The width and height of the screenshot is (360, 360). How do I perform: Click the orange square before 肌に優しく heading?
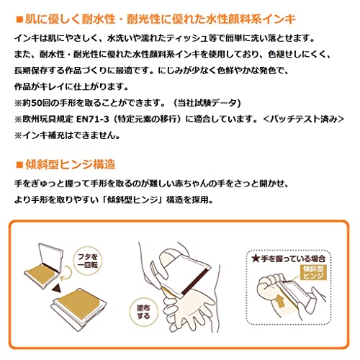click(19, 19)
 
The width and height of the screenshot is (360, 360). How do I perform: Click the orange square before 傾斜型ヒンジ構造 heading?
click(19, 165)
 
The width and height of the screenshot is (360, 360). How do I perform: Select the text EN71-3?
click(93, 120)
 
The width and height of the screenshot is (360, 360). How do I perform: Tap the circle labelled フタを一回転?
click(87, 261)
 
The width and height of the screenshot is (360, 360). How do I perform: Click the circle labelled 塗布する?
click(143, 312)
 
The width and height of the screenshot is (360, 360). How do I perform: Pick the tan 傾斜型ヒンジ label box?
click(313, 272)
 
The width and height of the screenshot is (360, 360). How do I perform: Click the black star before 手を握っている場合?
click(256, 258)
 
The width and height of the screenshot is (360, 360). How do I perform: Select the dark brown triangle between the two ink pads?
click(57, 288)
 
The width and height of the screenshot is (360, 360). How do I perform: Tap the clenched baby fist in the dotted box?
click(269, 287)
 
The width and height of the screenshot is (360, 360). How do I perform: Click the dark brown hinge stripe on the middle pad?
click(195, 280)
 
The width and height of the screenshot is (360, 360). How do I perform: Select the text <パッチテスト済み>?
click(304, 120)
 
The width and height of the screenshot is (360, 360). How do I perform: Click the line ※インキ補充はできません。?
click(68, 135)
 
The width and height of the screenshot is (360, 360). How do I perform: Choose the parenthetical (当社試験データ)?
click(207, 103)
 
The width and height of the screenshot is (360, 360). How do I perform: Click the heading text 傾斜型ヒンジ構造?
click(71, 165)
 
